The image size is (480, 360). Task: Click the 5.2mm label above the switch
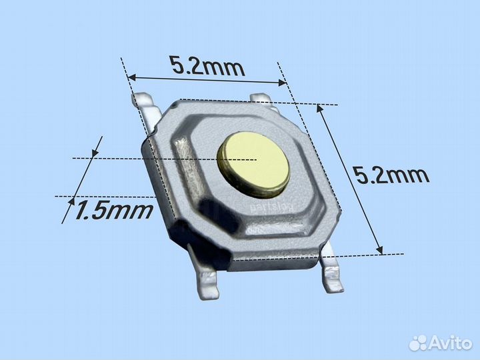point(208,67)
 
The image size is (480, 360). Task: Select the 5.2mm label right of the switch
point(391,176)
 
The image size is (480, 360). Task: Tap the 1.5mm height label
point(113,211)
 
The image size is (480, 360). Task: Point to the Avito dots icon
point(419,343)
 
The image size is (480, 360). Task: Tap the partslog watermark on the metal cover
point(271,207)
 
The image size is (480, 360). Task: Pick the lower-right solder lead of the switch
point(331,269)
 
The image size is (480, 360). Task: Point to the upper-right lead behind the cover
point(263,101)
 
